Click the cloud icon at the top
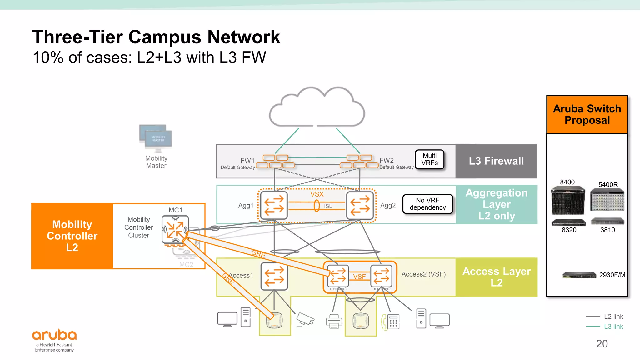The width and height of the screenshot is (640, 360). click(x=317, y=108)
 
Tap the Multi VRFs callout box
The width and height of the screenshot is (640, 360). click(x=429, y=159)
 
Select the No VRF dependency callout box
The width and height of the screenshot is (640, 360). click(x=427, y=204)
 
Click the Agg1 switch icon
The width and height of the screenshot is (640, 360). click(x=274, y=205)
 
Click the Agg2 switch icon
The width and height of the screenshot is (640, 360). click(x=360, y=205)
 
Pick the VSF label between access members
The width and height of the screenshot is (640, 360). click(x=359, y=277)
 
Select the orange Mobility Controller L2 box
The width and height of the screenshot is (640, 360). click(x=72, y=236)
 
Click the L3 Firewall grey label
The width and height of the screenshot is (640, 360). click(x=496, y=161)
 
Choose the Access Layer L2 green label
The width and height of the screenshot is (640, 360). click(x=496, y=277)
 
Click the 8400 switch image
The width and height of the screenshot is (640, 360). click(x=568, y=200)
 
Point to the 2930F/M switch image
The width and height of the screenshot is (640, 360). click(x=579, y=275)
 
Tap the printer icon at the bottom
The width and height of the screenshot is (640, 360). click(x=334, y=322)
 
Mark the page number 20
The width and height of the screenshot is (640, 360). click(x=602, y=344)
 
